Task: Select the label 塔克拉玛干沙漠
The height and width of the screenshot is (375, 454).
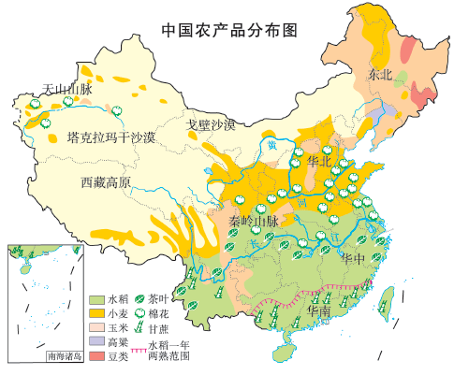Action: coord(111,137)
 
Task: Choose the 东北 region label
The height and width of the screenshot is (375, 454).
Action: coord(382,74)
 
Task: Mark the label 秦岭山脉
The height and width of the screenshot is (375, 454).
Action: coord(254,222)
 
